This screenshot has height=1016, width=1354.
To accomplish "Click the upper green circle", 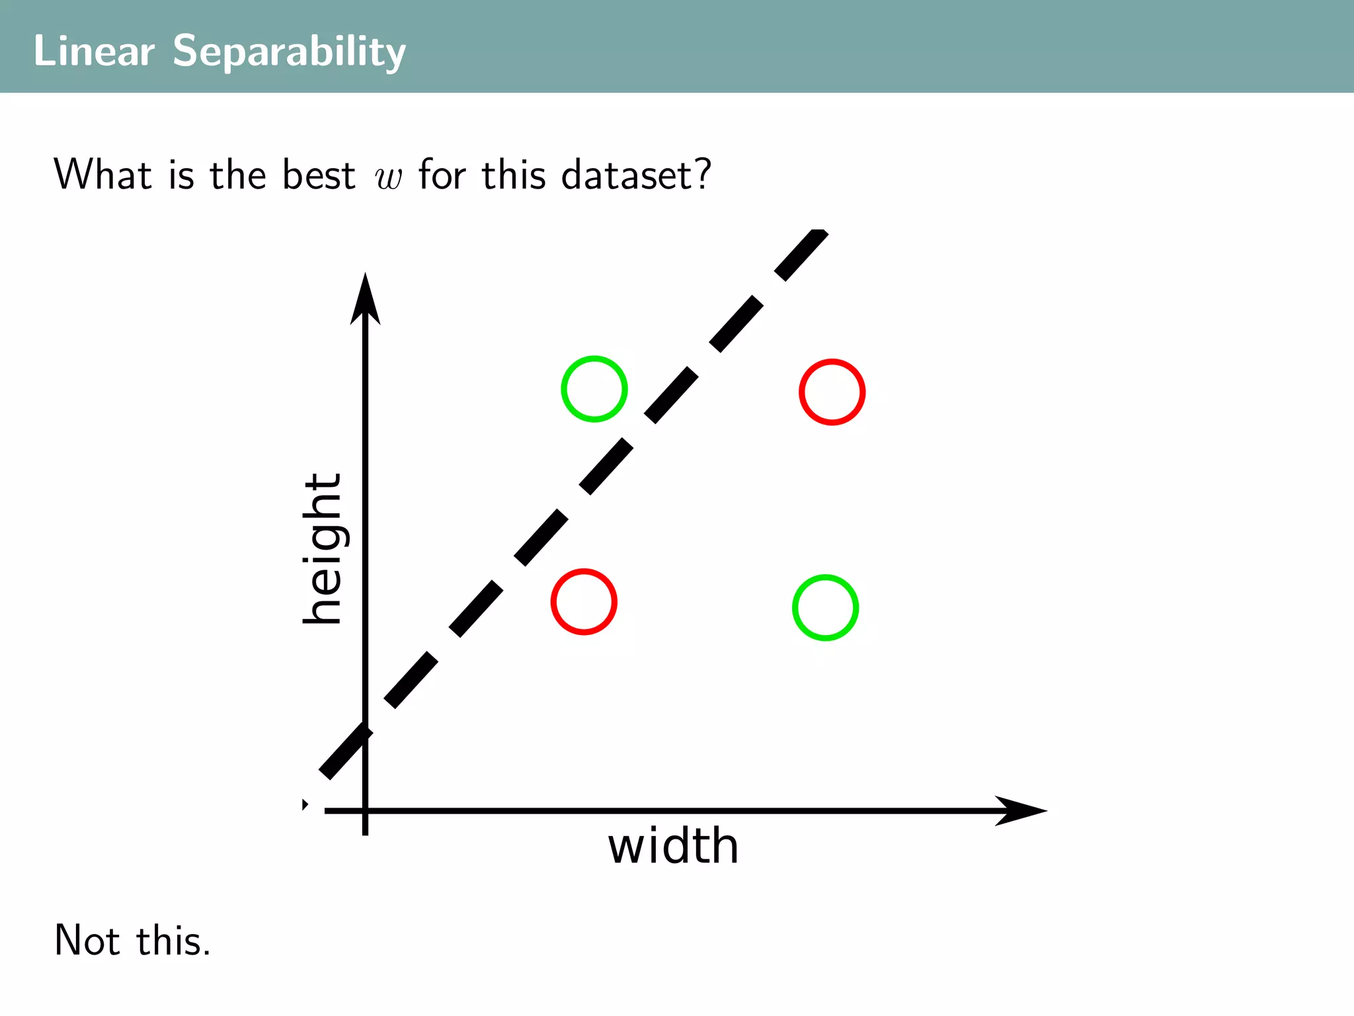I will tap(594, 389).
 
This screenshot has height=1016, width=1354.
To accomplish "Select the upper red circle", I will tap(832, 392).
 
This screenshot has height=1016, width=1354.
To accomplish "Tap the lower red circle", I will tap(584, 602).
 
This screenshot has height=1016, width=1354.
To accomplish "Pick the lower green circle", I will tap(825, 608).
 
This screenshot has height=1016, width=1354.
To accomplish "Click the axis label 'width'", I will tap(672, 846).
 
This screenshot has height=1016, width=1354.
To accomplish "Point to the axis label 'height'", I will tap(323, 548).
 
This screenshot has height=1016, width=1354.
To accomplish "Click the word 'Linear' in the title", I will tap(93, 51).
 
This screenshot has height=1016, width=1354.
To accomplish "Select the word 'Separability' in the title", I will tap(289, 52).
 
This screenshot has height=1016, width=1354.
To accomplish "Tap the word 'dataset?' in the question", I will tap(635, 175).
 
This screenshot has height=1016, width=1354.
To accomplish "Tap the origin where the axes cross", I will tap(365, 810).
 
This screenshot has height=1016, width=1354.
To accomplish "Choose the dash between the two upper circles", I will tap(671, 396).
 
